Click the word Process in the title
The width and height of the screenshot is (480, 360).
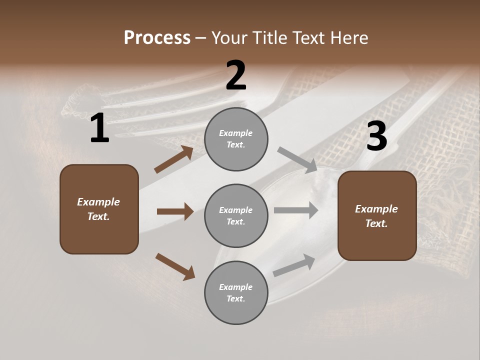click(157, 37)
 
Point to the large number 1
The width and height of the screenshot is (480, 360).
click(99, 128)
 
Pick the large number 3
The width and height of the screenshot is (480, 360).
click(376, 136)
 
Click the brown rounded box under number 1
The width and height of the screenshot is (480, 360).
click(99, 209)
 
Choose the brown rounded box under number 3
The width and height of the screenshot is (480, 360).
click(377, 216)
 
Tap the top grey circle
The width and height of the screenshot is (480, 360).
click(236, 139)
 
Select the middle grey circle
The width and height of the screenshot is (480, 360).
click(236, 215)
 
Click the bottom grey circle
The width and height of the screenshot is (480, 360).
click(236, 292)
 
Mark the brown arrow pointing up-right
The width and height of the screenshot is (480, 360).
click(174, 159)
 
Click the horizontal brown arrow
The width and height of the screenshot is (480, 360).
click(175, 211)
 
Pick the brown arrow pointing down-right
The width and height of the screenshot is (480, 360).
click(175, 266)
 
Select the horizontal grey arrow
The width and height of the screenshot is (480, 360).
click(296, 210)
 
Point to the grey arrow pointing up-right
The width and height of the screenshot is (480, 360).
click(294, 265)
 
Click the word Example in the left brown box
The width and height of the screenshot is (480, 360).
click(98, 202)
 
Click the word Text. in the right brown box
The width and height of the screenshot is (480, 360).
click(376, 223)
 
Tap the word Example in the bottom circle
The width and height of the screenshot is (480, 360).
click(235, 287)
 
